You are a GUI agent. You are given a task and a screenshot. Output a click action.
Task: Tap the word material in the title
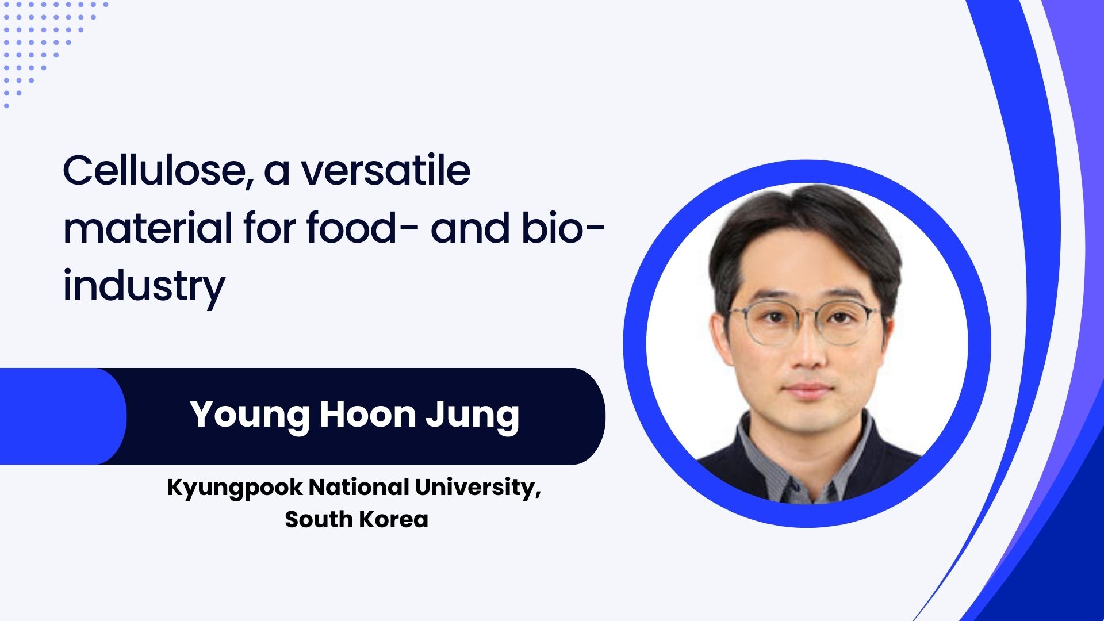pos(147,228)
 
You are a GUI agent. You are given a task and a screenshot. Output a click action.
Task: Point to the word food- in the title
pos(351,228)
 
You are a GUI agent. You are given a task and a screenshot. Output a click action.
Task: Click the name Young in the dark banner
pos(250,415)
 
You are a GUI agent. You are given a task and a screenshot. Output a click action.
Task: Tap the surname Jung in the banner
pos(473,415)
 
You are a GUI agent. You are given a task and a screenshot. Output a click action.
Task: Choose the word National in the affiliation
pos(359,487)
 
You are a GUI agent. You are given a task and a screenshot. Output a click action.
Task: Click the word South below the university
pos(319,519)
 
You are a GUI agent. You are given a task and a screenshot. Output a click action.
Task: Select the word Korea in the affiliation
pos(394,519)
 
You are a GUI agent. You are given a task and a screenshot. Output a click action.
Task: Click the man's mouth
pos(807,389)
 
